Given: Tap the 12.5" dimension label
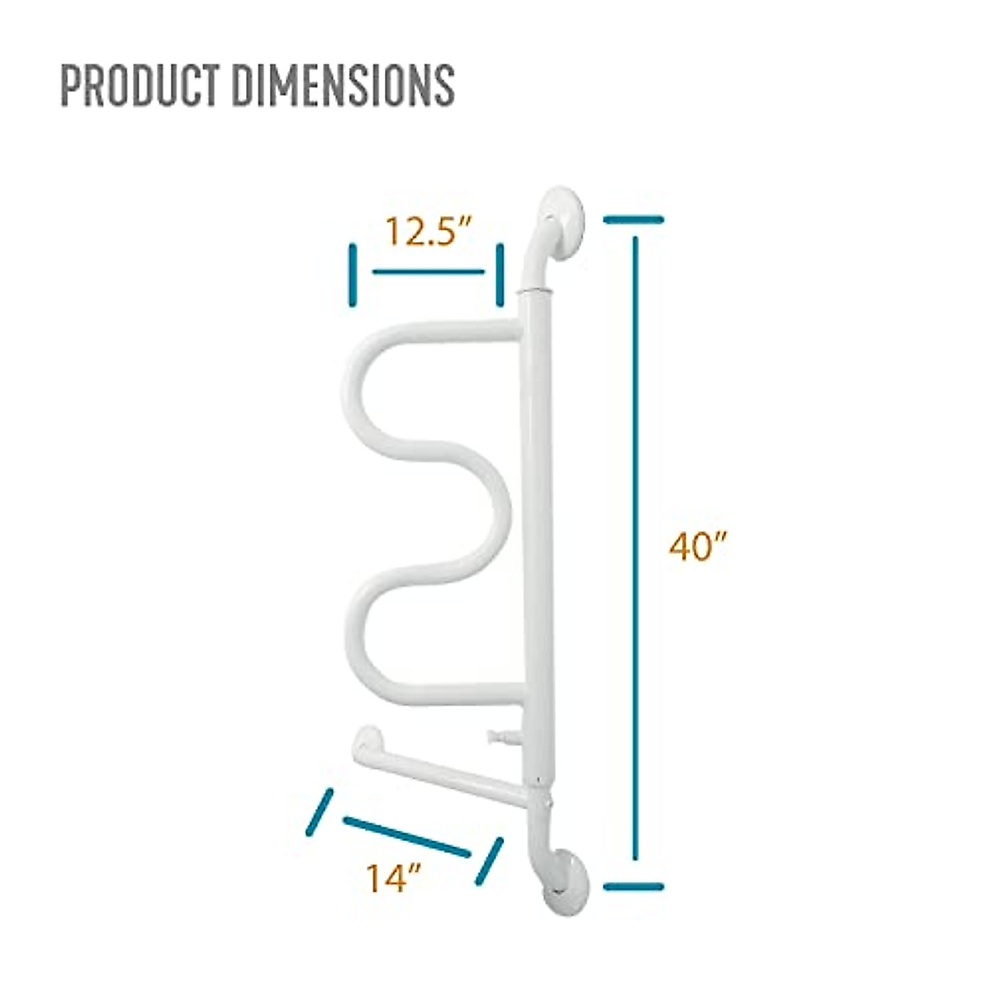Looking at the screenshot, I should click(427, 232).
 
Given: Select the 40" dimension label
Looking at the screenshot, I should click(697, 547).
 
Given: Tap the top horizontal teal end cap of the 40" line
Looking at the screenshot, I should click(634, 219).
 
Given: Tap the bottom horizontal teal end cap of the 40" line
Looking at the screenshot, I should click(634, 887).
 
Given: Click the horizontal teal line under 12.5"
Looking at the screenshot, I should click(429, 271).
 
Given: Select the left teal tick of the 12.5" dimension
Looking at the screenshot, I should click(353, 275).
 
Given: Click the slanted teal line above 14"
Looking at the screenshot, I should click(406, 837).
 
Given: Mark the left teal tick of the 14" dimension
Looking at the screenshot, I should click(319, 812).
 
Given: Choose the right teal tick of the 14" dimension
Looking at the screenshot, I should click(488, 861).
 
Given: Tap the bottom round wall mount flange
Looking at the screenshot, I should click(566, 881).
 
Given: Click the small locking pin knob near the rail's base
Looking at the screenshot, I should click(497, 736).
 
